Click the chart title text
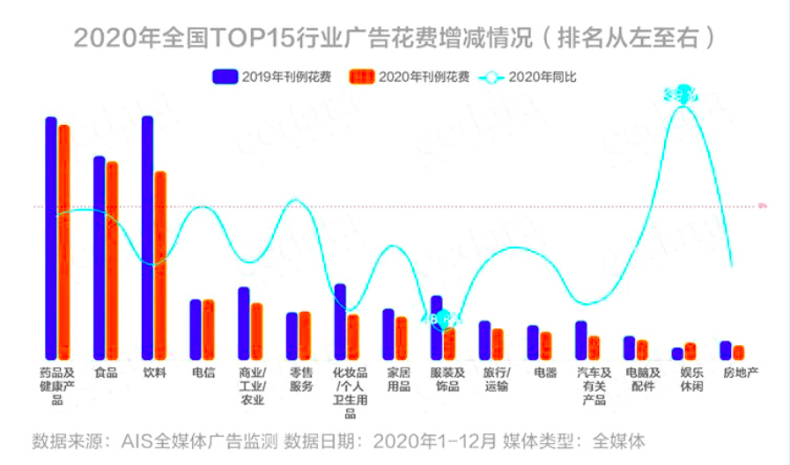[x=394, y=38]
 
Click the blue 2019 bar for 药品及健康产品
[x=51, y=238]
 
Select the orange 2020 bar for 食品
[x=112, y=261]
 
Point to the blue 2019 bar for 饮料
[x=147, y=238]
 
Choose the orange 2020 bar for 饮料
[x=160, y=265]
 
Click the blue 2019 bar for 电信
[x=196, y=329]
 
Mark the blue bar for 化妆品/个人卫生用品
[x=340, y=321]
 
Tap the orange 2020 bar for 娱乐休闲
[x=690, y=351]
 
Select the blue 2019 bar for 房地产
[x=726, y=351]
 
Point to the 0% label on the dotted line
[x=763, y=206]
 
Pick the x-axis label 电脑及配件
[x=642, y=380]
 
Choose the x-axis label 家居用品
[x=398, y=380]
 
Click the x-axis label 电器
[x=545, y=373]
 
